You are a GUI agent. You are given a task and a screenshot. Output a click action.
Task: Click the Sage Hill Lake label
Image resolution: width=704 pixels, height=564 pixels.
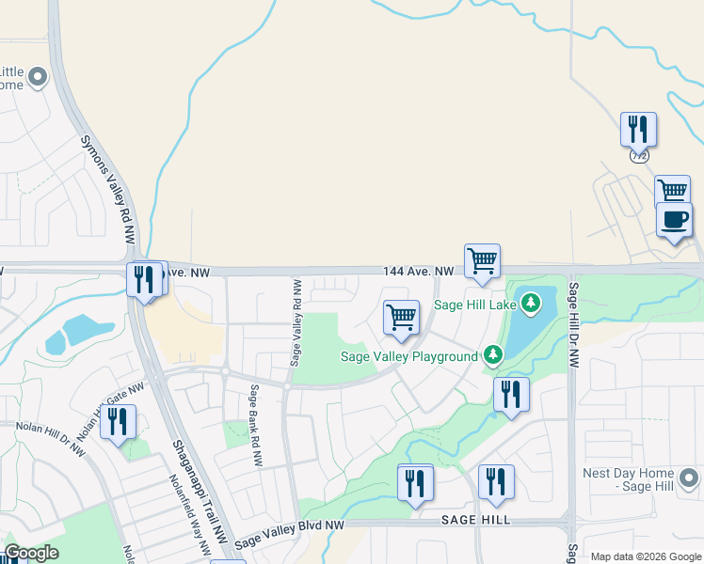(x=476, y=304)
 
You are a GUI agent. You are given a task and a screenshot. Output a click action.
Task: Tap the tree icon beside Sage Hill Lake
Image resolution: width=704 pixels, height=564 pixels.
(x=532, y=303)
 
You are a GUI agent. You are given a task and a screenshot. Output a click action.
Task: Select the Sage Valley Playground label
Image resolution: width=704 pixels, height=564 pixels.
(x=408, y=357)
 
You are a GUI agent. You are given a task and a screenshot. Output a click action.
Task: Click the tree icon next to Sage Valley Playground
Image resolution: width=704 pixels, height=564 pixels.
(x=492, y=355)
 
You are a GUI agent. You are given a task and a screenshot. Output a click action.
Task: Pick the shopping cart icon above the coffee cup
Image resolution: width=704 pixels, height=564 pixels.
(x=672, y=190)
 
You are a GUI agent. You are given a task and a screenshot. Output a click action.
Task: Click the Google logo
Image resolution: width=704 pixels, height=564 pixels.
(x=30, y=553)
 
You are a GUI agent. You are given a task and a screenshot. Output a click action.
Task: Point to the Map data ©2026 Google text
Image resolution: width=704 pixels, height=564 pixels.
(x=646, y=556)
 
